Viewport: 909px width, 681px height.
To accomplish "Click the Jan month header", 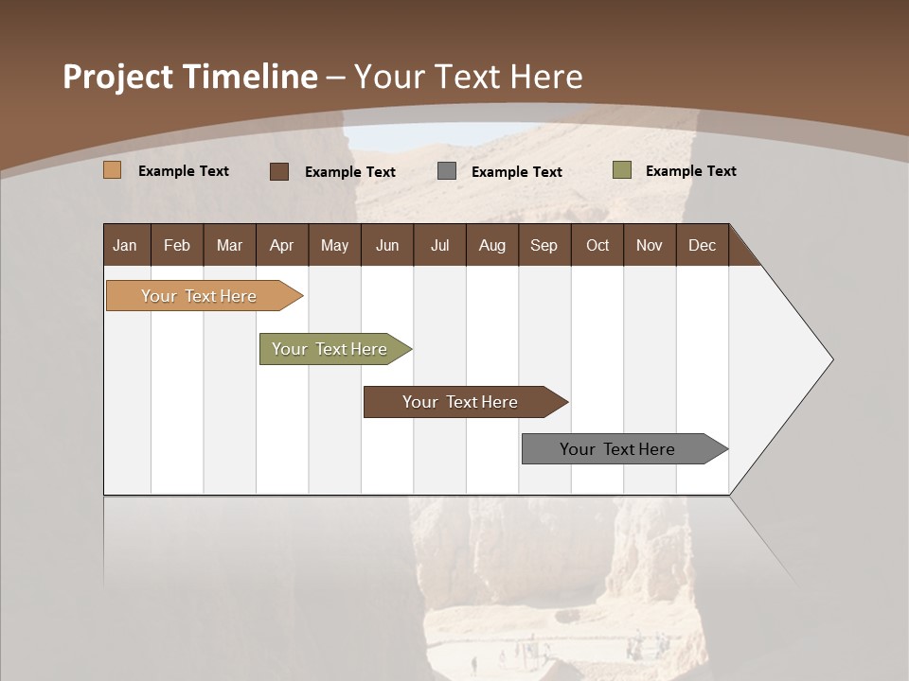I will tap(125, 246).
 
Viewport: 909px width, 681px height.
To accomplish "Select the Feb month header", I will tap(177, 246).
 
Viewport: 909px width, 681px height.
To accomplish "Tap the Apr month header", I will tap(281, 246).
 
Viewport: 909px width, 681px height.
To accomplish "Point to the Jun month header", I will tap(387, 246).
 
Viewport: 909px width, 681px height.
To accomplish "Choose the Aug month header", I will tap(491, 246).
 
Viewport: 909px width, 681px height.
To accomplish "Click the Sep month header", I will tap(544, 246).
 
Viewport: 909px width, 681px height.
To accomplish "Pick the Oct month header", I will tap(597, 246).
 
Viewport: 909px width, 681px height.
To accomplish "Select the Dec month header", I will tap(702, 246).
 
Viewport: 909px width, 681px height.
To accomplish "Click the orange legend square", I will tap(113, 170).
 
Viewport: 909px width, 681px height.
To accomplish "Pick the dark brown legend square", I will tap(279, 171).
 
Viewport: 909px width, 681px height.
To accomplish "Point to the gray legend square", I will tap(447, 171).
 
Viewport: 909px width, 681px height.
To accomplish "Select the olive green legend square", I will tap(622, 170).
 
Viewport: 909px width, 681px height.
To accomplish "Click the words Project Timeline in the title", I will tap(190, 77).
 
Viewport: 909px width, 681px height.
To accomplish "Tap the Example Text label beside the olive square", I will tap(690, 171).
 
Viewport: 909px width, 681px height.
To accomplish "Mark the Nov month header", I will tap(650, 246).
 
